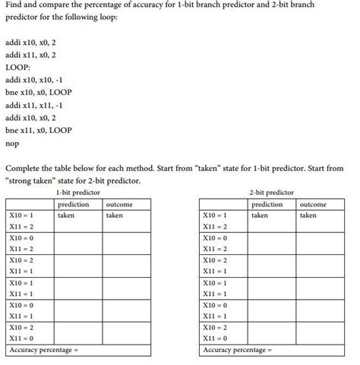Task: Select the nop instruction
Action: (12, 143)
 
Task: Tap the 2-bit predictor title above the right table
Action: (271, 194)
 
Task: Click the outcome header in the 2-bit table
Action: (313, 204)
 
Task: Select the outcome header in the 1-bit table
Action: (120, 204)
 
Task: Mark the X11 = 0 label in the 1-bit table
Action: (21, 338)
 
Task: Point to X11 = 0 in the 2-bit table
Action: (216, 338)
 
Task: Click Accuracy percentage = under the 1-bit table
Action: (43, 350)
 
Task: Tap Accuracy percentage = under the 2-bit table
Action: (238, 350)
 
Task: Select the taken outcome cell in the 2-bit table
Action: (308, 216)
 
